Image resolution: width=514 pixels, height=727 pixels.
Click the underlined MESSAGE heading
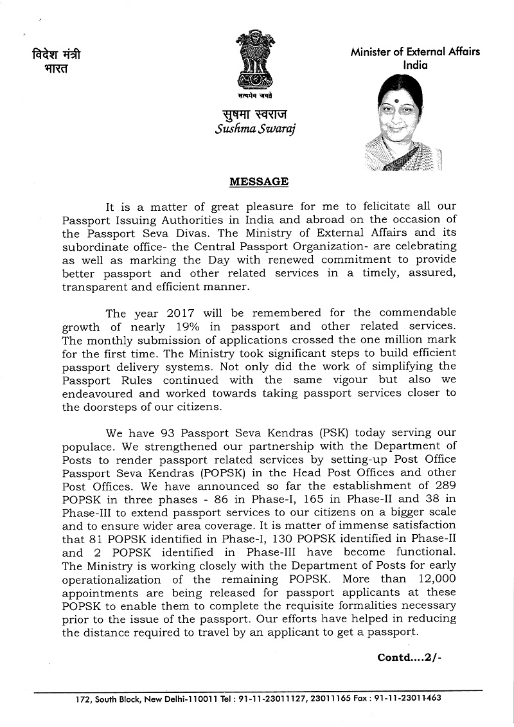coord(259,182)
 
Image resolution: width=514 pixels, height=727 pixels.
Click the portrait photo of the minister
coord(403,123)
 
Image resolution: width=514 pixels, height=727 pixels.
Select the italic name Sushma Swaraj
coord(256,129)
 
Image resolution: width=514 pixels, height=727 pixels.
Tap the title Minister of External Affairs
coord(415,52)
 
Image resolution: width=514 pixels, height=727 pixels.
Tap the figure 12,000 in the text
coord(434,579)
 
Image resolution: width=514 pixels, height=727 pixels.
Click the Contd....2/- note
coord(410,658)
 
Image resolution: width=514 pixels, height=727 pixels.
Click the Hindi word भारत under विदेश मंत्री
coord(51,69)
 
